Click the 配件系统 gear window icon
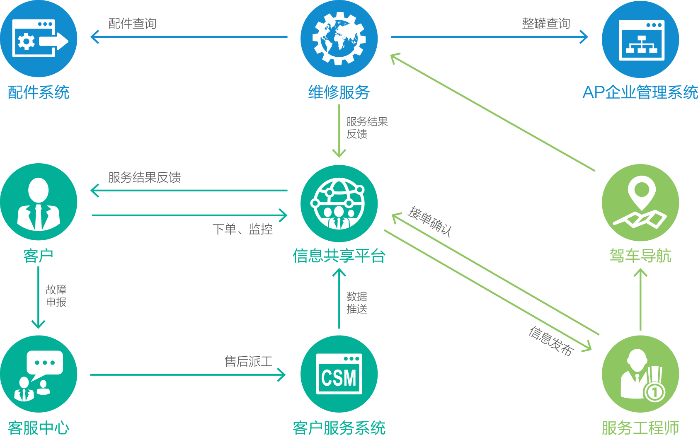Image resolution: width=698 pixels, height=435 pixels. pyautogui.click(x=39, y=39)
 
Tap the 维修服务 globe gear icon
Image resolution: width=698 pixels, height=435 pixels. pyautogui.click(x=339, y=39)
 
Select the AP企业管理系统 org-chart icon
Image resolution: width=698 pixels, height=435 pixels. pyautogui.click(x=640, y=39)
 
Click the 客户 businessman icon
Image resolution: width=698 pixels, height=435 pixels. pyautogui.click(x=39, y=202)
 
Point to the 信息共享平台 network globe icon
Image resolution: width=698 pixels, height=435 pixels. pyautogui.click(x=339, y=203)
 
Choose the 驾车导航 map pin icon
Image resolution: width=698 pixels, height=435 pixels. pyautogui.click(x=640, y=203)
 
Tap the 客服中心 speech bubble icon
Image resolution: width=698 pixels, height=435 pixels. pyautogui.click(x=39, y=374)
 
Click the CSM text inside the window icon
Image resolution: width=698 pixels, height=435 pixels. pyautogui.click(x=339, y=378)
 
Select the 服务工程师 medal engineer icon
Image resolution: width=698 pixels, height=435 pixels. pyautogui.click(x=640, y=374)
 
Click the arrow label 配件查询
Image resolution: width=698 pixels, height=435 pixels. pyautogui.click(x=132, y=24)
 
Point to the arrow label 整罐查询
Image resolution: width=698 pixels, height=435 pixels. pyautogui.click(x=546, y=23)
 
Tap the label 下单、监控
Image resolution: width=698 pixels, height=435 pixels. pyautogui.click(x=242, y=229)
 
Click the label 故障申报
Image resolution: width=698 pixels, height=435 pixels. pyautogui.click(x=56, y=296)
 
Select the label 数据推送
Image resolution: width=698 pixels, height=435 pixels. pyautogui.click(x=356, y=303)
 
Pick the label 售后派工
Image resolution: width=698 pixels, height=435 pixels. pyautogui.click(x=248, y=361)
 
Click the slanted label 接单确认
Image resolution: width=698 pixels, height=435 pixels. pyautogui.click(x=430, y=221)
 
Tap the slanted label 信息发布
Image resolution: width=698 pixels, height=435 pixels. pyautogui.click(x=551, y=341)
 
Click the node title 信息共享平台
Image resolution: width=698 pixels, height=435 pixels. pyautogui.click(x=339, y=256)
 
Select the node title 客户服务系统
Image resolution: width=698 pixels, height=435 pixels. pyautogui.click(x=339, y=428)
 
